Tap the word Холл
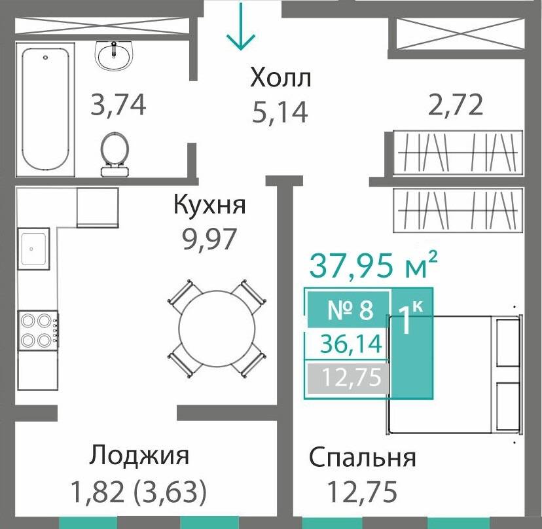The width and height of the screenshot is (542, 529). tap(280, 79)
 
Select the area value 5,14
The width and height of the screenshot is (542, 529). tap(280, 113)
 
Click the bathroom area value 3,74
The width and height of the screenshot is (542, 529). tap(117, 105)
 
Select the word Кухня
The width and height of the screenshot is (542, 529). tap(209, 205)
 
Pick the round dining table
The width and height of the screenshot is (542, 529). tap(217, 328)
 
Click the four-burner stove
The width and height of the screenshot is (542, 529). tap(37, 331)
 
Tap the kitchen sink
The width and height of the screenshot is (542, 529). tap(33, 248)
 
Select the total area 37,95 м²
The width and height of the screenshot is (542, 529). tap(372, 266)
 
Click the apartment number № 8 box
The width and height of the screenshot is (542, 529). tap(349, 310)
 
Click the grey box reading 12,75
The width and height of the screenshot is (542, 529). tap(348, 377)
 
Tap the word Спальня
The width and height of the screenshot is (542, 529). tap(362, 458)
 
